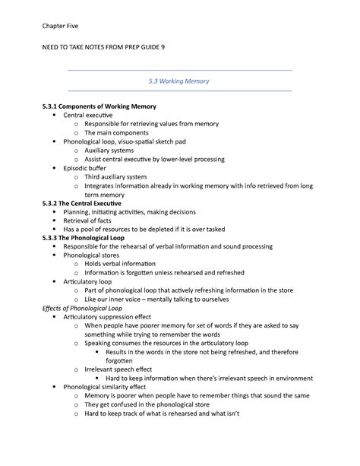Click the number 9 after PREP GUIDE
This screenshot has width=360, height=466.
click(162, 48)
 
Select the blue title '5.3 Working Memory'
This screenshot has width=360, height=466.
click(179, 81)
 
